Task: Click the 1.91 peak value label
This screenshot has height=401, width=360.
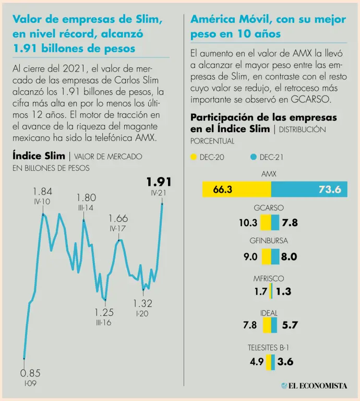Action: (x=159, y=182)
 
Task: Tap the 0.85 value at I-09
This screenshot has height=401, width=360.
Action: (x=30, y=373)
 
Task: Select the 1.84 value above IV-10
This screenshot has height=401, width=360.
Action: (x=42, y=192)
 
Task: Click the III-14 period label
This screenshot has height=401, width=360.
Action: (x=86, y=207)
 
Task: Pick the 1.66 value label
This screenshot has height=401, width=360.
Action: (x=118, y=219)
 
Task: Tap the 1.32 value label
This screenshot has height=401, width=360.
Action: (x=142, y=303)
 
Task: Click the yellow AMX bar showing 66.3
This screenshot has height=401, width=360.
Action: (x=236, y=189)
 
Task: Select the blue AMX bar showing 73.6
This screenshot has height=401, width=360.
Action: (x=306, y=189)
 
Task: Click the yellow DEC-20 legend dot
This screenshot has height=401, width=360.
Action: (x=194, y=157)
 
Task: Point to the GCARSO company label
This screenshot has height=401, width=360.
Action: (x=269, y=208)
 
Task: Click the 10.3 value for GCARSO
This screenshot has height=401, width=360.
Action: (x=248, y=223)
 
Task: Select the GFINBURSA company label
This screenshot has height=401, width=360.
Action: (x=269, y=241)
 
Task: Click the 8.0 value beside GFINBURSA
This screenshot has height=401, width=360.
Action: (x=289, y=256)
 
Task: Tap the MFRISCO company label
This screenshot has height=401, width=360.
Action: (x=269, y=278)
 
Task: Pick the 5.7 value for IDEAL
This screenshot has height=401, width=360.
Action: (x=290, y=325)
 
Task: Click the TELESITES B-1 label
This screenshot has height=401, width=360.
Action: (x=269, y=347)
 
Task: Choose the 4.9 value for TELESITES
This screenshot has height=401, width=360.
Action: (x=256, y=361)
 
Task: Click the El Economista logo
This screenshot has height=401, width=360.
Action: (x=314, y=386)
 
